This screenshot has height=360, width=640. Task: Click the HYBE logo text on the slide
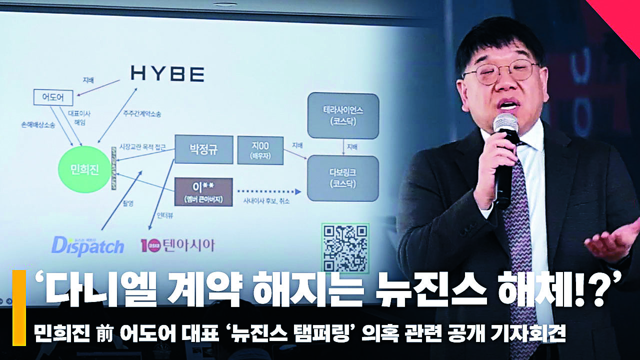click(167, 74)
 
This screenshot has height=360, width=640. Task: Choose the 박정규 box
click(203, 148)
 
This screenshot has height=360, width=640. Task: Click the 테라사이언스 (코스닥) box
click(342, 114)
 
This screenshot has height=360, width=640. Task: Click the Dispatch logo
click(87, 245)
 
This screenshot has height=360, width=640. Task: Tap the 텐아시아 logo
click(177, 245)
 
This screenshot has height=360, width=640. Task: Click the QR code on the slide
click(345, 247)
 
